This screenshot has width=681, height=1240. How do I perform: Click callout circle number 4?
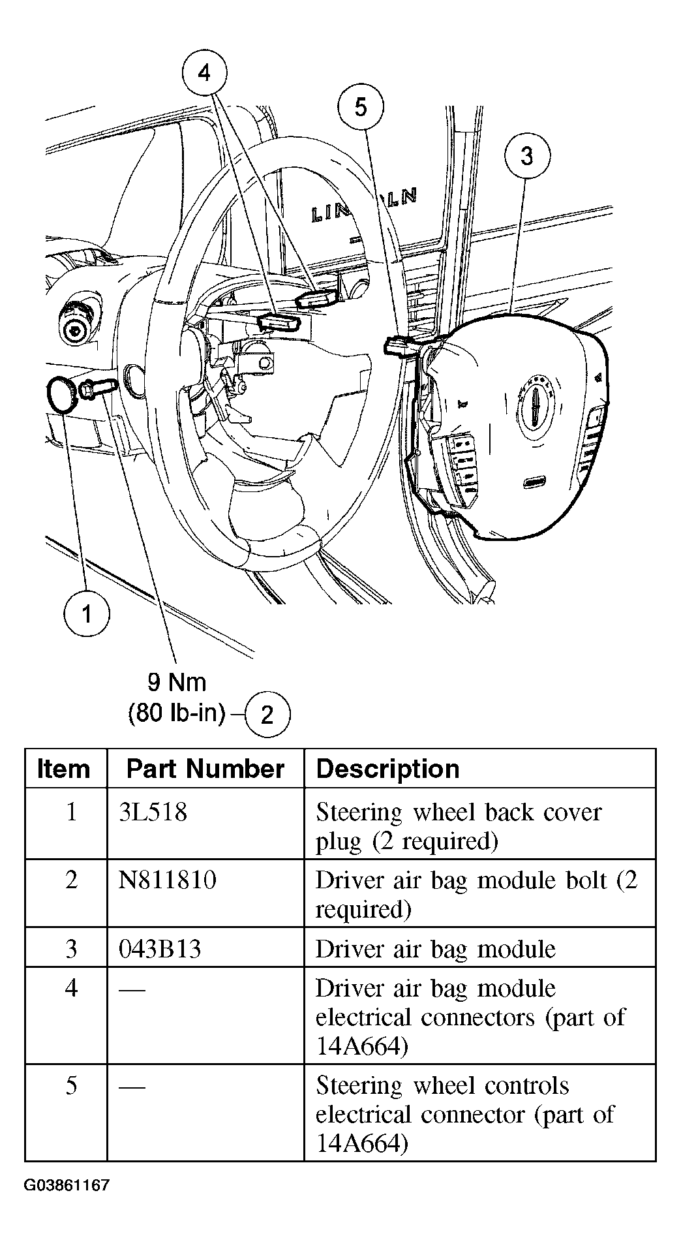pyautogui.click(x=204, y=74)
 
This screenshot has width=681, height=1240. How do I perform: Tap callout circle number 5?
pyautogui.click(x=361, y=107)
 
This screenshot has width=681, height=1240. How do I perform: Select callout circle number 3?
pyautogui.click(x=527, y=156)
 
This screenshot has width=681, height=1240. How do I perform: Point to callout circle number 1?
pyautogui.click(x=87, y=614)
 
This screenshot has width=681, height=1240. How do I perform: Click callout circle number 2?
pyautogui.click(x=267, y=715)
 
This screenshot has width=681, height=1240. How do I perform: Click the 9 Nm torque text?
pyautogui.click(x=176, y=683)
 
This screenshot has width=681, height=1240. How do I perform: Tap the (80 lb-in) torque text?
pyautogui.click(x=177, y=713)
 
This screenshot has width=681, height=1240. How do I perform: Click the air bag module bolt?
pyautogui.click(x=98, y=390)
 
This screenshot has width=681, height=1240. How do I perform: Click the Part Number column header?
pyautogui.click(x=205, y=769)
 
